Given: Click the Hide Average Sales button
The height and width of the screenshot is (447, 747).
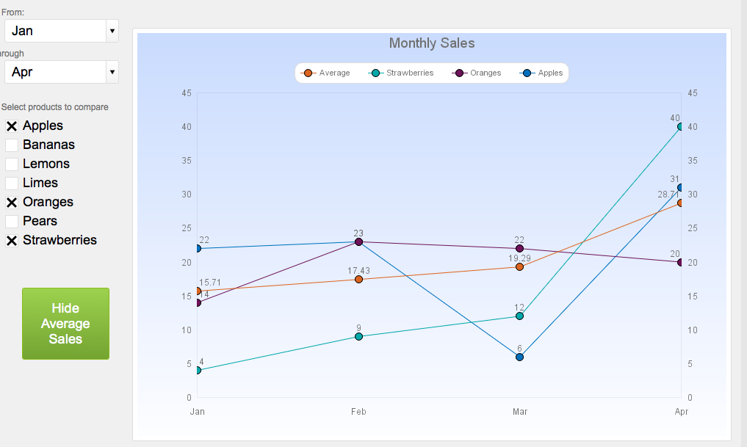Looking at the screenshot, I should [65, 324].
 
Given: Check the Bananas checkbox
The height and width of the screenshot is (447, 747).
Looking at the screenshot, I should [12, 145].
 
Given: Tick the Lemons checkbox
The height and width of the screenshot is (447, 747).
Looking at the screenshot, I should [12, 164].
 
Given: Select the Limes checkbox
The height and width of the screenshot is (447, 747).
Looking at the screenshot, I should [12, 183].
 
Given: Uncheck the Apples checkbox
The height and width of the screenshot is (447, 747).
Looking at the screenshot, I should [12, 126].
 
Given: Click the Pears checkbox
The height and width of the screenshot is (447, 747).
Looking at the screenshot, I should [12, 222].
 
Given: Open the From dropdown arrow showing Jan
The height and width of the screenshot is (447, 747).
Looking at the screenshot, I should [112, 31].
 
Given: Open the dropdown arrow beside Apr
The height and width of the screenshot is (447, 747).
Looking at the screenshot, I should [112, 72].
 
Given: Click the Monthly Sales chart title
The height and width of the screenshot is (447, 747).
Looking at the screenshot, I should [432, 43].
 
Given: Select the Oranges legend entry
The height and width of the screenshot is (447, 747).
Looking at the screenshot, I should [477, 73].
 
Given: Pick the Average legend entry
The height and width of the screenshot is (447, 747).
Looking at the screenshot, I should [327, 73].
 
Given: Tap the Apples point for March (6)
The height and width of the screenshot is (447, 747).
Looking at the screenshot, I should [519, 357].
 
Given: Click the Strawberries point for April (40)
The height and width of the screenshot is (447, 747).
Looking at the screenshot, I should [680, 127].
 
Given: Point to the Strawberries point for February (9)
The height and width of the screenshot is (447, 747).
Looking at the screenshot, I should [358, 336].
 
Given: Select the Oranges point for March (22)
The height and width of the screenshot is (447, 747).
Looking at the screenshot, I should [519, 249].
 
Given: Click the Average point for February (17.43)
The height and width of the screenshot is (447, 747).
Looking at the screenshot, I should [358, 280].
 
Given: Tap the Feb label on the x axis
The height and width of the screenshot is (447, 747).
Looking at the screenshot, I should [358, 412].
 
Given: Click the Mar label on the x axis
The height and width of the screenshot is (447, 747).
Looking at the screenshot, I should [519, 412].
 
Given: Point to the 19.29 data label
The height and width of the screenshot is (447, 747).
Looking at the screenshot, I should [519, 258].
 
